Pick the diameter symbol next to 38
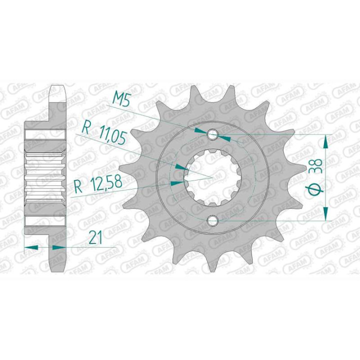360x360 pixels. [x=316, y=190]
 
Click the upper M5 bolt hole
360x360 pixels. [x=213, y=133]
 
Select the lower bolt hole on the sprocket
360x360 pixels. [x=213, y=220]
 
